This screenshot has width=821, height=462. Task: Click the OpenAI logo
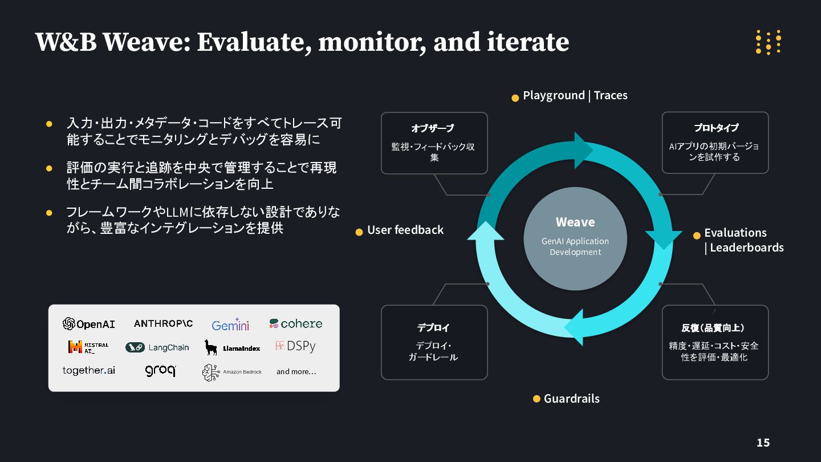coord(88,324)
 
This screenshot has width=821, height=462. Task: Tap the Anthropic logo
coord(163,323)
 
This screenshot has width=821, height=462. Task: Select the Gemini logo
coord(230,325)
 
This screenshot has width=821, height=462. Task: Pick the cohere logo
coord(296,323)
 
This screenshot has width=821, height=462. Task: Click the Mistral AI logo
coord(88,347)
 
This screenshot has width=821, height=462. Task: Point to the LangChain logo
coord(157,347)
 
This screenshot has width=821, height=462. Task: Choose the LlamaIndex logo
coord(232,347)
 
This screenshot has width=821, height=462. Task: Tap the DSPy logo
coord(295,346)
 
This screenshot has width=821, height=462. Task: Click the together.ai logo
coord(88,371)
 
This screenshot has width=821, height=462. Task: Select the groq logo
coord(160,371)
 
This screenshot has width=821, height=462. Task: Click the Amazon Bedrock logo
coord(232,372)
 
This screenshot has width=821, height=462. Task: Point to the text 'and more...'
coord(296,372)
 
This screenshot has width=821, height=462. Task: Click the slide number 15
coord(763,443)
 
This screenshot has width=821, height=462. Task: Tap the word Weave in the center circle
coord(575,222)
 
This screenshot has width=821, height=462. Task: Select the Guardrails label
coord(571,399)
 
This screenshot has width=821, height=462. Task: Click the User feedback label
coord(405,230)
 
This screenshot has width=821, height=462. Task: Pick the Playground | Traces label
coord(575,95)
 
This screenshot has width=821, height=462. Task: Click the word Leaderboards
coord(747,248)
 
